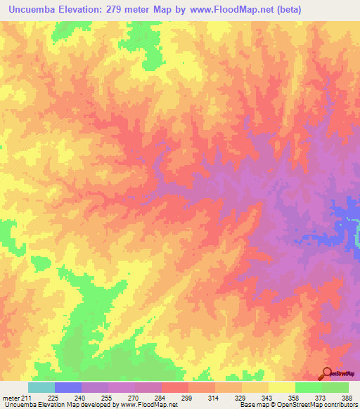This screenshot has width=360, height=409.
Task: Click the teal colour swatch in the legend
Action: pos(41,387)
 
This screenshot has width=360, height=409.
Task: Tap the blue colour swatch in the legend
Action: pos(68,387)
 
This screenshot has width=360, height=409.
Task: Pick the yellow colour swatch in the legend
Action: pos(282,387)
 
